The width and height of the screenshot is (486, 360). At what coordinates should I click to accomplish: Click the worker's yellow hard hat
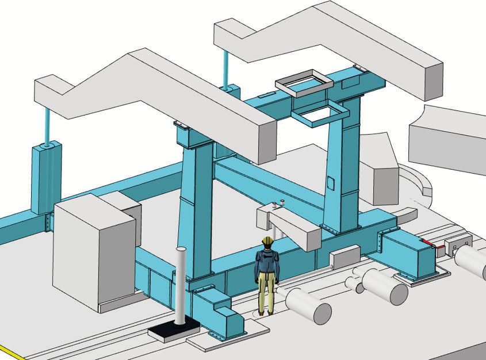tap(266, 242)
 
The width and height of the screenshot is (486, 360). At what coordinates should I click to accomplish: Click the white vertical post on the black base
tap(181, 288)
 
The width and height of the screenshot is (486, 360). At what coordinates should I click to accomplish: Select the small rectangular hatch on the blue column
tap(330, 183)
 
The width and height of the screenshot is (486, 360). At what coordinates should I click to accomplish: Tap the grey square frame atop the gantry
tap(304, 81)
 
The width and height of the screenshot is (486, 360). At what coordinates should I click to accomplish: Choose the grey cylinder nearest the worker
tap(308, 305)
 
